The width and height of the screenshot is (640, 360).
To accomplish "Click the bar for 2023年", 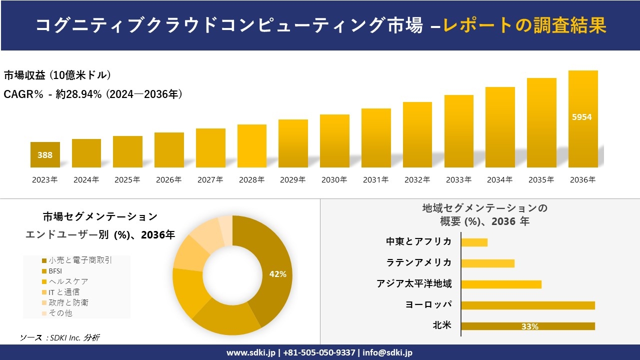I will [x=45, y=154].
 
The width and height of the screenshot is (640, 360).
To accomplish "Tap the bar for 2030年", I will [x=334, y=141].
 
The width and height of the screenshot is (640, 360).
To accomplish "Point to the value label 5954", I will [x=582, y=117].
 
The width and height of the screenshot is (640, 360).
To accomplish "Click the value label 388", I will [x=45, y=155].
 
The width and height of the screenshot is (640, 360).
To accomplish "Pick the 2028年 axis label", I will [x=251, y=180].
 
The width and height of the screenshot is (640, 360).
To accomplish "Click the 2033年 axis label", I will [x=458, y=180].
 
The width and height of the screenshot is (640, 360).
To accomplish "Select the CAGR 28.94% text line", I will [x=93, y=94].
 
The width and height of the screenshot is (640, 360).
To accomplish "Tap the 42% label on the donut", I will [x=277, y=274].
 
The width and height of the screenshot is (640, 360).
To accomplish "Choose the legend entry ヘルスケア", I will [x=65, y=281].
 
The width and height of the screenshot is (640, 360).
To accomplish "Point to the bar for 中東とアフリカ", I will [x=474, y=242].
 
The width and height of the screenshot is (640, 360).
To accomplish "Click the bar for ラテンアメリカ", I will [x=487, y=263].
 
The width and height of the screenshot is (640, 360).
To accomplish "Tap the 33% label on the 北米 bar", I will [x=529, y=326].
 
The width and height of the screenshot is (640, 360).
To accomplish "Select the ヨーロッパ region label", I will [x=428, y=305].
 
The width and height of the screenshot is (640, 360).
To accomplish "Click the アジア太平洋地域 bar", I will [x=501, y=284].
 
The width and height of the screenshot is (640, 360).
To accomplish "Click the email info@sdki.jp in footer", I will [x=387, y=352].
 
